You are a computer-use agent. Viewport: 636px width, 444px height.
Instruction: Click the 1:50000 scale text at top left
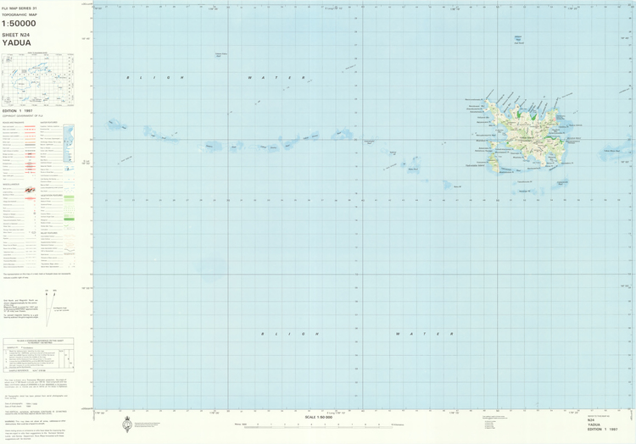click(19, 23)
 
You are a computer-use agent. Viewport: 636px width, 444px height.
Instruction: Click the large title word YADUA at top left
click(17, 42)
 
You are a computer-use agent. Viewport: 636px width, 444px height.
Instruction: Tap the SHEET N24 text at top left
click(15, 35)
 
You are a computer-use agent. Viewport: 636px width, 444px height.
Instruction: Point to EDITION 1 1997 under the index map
click(23, 111)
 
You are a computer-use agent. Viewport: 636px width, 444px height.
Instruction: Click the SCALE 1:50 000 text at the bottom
click(321, 417)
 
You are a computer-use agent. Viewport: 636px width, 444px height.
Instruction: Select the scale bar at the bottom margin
click(322, 425)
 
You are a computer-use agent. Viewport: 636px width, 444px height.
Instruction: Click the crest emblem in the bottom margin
click(127, 424)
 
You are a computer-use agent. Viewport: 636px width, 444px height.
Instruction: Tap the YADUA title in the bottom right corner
click(594, 425)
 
